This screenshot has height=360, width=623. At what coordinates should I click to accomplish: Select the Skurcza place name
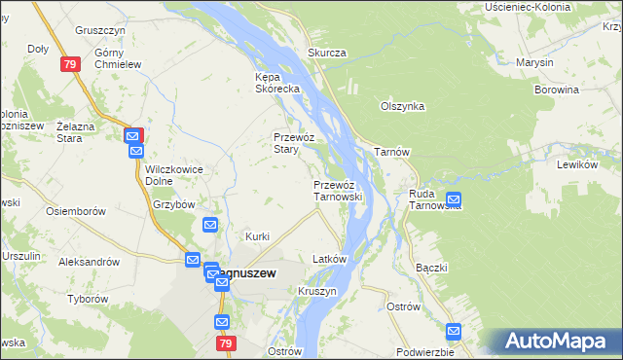(x=327, y=53)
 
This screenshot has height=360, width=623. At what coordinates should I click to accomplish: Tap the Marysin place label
(x=535, y=62)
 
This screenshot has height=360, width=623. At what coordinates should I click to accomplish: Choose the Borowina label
(x=556, y=90)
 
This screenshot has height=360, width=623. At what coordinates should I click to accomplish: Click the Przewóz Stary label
(x=291, y=143)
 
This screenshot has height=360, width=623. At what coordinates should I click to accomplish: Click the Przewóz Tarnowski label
(x=338, y=190)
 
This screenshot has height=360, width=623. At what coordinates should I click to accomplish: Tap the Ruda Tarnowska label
(x=434, y=199)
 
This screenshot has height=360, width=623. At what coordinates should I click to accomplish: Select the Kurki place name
(x=257, y=236)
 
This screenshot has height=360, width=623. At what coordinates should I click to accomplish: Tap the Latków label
(x=329, y=260)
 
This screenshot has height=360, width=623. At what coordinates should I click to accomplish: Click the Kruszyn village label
(x=317, y=291)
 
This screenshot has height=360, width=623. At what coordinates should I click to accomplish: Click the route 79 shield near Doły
(x=68, y=64)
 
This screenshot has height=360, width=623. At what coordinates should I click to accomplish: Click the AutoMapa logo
(x=558, y=342)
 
